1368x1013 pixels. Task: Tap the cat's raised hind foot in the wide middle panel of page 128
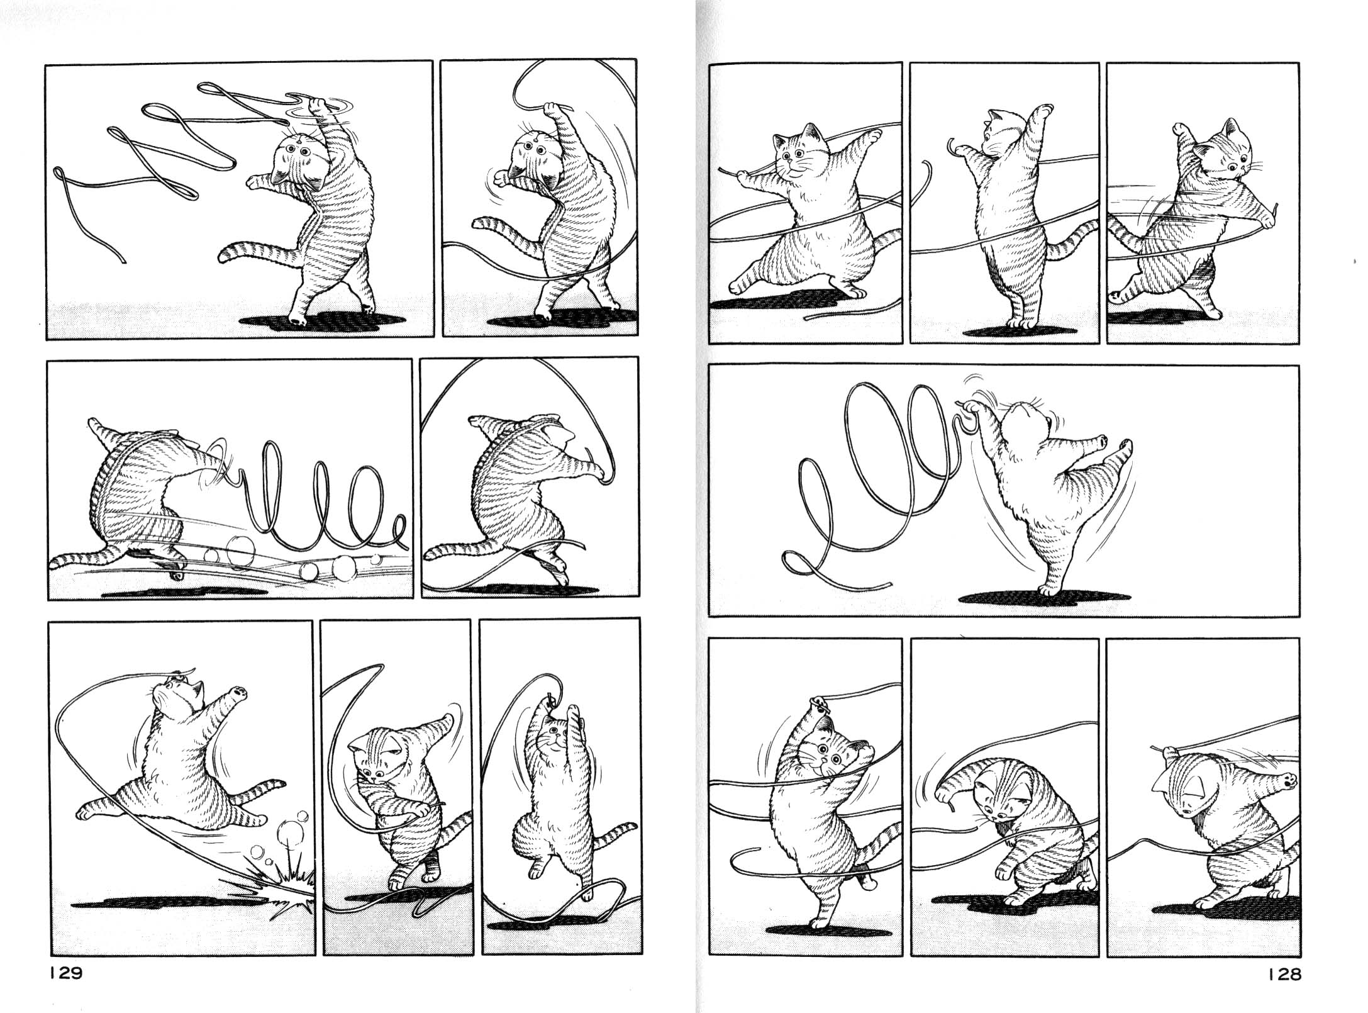pos(1120,447)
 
